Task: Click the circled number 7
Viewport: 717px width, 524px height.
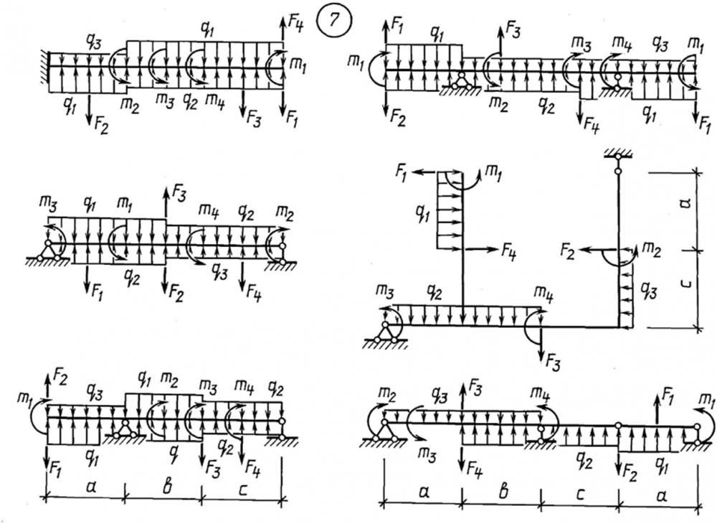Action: pos(335,22)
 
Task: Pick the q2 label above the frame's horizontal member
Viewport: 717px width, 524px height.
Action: pos(431,292)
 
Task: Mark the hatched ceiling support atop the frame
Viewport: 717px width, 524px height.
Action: pos(615,154)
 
